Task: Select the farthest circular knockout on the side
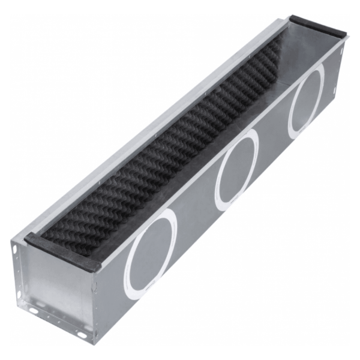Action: [306, 100]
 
